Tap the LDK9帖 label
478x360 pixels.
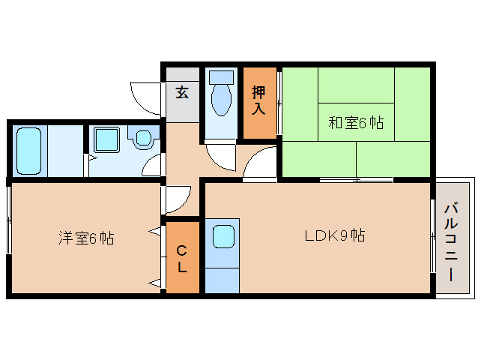[x=334, y=235]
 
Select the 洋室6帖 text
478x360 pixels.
[x=86, y=238]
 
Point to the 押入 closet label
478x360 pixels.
[x=258, y=100]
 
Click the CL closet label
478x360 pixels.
[x=182, y=258]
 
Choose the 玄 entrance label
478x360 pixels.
[x=182, y=92]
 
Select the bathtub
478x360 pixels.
[x=29, y=150]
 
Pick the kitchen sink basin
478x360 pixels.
[x=223, y=237]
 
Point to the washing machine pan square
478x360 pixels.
[x=106, y=139]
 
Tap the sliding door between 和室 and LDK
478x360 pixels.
[x=356, y=180]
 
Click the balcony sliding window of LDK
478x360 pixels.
[x=433, y=236]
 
